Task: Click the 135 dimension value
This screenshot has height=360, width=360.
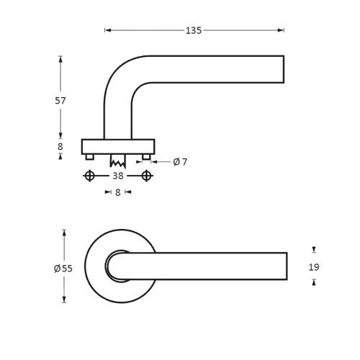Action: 193,30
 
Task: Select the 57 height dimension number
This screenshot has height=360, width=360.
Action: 60,101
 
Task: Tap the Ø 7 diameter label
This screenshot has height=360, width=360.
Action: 180,162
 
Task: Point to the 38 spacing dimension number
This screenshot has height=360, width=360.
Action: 118,176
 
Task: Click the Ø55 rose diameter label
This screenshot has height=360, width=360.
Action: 63,269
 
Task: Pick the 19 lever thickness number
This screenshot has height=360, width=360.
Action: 314,267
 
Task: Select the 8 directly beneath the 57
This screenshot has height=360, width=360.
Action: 60,146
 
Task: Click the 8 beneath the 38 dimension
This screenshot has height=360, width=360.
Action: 118,192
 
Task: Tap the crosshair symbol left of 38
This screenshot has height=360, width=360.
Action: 89,176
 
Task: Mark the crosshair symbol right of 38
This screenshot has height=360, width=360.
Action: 147,176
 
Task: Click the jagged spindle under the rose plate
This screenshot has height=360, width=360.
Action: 118,161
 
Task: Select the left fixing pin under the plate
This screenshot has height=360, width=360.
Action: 89,157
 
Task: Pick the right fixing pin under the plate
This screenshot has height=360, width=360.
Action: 147,157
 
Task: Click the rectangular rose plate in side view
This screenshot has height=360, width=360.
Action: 118,146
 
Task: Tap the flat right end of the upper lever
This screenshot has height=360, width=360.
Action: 283,69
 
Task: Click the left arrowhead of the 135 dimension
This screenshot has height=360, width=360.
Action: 107,30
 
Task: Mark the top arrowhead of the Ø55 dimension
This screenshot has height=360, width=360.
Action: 64,233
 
